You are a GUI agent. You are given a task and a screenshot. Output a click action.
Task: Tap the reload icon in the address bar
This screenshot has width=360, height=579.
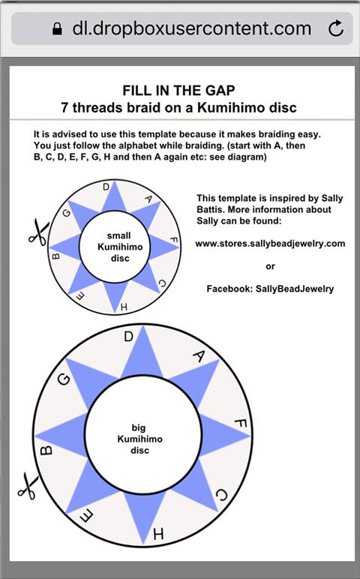(336, 28)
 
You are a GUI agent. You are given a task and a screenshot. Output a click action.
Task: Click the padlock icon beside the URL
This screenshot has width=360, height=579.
(57, 28)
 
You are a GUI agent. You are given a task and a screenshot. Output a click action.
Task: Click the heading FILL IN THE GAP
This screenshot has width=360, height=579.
(178, 91)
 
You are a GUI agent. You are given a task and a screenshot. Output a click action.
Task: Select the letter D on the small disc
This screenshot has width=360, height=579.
(106, 187)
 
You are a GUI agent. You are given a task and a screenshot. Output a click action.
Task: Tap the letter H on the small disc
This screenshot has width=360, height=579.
(124, 307)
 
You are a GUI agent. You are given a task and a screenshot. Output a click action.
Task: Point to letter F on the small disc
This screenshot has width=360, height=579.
(174, 241)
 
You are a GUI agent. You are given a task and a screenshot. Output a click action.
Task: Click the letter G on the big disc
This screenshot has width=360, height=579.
(64, 379)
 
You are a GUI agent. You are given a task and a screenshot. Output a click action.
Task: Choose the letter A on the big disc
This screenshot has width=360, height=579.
(199, 356)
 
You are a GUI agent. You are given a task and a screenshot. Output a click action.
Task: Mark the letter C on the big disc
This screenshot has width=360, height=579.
(221, 495)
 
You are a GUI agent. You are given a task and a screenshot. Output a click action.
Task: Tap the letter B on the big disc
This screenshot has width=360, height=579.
(46, 451)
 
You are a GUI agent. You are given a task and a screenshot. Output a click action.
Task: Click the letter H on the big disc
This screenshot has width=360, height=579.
(158, 533)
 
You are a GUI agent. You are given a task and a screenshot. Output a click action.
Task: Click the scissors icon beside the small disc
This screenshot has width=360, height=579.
(38, 232)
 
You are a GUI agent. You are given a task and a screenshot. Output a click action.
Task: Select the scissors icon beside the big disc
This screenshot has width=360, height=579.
(28, 486)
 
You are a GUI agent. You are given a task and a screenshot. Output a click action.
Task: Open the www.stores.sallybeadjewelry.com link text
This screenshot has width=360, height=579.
(270, 244)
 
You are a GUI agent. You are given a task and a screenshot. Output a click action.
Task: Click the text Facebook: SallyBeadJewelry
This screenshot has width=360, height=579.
(270, 289)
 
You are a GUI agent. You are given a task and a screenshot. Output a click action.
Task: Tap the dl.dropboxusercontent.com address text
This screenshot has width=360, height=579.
(192, 28)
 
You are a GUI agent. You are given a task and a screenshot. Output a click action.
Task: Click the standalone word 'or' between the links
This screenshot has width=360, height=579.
(270, 266)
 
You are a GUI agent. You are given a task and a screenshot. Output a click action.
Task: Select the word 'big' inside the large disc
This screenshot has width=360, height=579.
(139, 428)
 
